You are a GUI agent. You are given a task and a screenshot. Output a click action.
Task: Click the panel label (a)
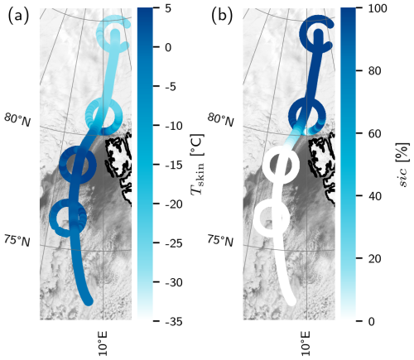pos(18,16)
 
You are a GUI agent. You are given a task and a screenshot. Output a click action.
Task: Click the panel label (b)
pos(222,16)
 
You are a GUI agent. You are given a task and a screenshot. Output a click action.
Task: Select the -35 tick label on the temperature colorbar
pos(174,321)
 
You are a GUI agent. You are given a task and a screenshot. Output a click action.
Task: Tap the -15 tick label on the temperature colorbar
pos(174,165)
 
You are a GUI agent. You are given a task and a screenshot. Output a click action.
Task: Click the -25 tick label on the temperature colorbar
pos(174,243)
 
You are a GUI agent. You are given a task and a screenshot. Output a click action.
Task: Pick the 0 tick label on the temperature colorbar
pos(167,47)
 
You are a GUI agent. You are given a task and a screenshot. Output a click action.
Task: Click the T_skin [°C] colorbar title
pos(198,165)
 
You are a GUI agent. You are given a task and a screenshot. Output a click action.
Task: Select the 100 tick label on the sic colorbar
pos(377,8)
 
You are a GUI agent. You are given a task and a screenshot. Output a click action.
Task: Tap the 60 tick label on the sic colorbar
pos(374,133)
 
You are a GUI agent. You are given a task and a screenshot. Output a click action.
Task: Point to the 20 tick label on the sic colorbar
pos(374,258)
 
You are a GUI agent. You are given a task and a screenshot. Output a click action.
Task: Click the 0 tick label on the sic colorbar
pos(371,321)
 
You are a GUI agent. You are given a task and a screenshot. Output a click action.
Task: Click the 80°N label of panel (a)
pos(17,120)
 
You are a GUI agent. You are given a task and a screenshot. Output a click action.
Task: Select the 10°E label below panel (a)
pos(103,343)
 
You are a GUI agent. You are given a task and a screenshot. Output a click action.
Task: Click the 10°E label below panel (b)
pos(306,343)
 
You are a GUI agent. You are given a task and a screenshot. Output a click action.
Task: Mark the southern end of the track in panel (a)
pos(89,301)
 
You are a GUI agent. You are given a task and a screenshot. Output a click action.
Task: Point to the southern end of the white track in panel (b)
pos(291,301)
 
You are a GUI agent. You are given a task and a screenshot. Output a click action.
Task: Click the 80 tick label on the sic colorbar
pos(374,71)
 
